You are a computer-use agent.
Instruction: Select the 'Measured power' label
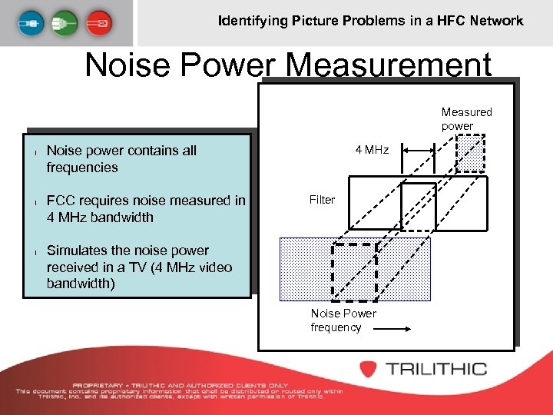[466, 118]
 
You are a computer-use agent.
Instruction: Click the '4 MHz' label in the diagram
[372, 150]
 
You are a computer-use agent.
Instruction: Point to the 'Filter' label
[322, 200]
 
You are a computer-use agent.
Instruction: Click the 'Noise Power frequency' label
[343, 320]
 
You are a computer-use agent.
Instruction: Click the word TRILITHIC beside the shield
[436, 368]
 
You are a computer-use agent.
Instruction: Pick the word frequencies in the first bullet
[82, 168]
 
